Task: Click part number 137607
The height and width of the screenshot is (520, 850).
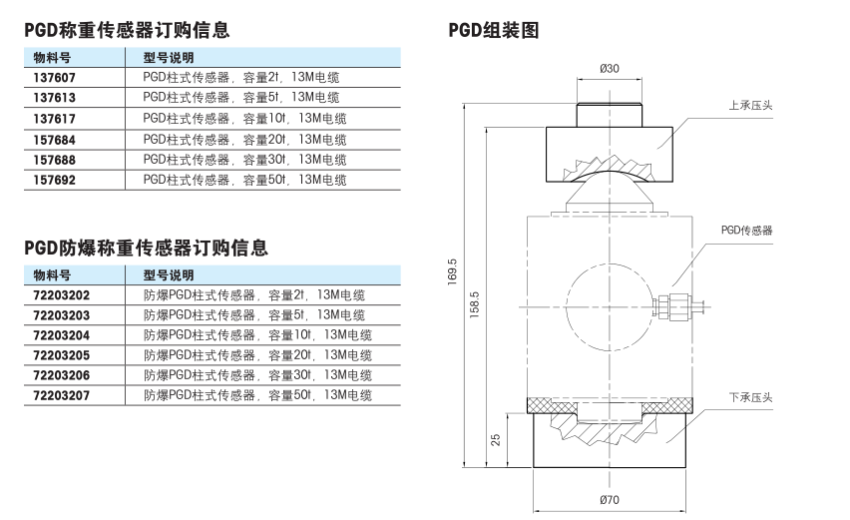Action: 54,78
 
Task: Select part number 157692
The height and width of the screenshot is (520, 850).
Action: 54,180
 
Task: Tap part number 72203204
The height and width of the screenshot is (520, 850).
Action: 61,335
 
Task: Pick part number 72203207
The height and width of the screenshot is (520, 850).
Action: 61,396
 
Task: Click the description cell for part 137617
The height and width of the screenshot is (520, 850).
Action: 244,118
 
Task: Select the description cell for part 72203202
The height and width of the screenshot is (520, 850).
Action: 254,295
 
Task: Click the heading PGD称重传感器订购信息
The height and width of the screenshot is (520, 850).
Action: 127,30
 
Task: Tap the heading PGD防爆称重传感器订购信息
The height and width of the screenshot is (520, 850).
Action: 146,248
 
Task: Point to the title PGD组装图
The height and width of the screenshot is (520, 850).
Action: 493,30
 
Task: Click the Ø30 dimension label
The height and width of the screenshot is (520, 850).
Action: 610,68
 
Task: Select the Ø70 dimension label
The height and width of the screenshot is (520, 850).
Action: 610,499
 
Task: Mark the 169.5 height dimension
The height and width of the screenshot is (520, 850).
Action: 452,271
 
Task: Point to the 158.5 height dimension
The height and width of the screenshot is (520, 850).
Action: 474,304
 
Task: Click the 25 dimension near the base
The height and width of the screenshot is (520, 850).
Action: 496,439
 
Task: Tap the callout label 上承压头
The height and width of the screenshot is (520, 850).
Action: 750,105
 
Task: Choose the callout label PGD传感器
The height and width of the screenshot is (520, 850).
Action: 746,231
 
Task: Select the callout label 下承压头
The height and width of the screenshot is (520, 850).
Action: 750,397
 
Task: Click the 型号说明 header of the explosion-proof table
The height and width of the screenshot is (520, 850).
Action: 169,275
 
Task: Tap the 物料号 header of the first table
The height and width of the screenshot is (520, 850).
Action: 52,58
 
